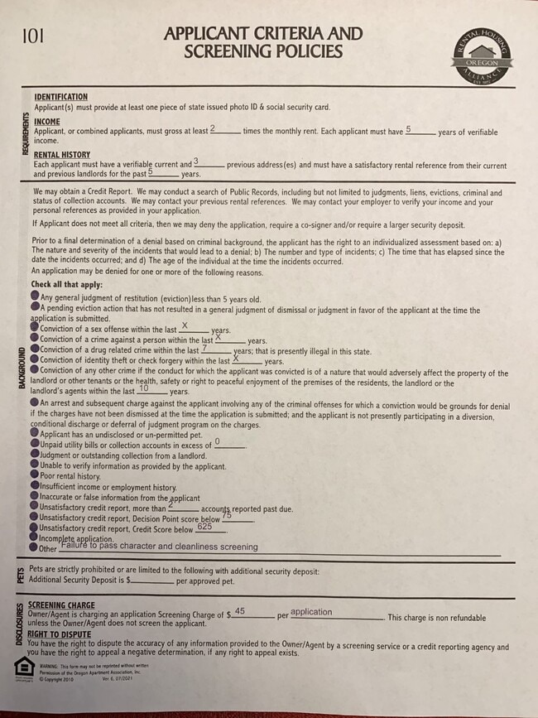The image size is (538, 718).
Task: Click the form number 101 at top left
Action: (x=32, y=35)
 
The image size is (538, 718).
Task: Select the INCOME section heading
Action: (x=47, y=122)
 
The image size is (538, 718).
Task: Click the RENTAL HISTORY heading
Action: (x=62, y=155)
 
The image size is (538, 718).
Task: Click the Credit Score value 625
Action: (x=204, y=527)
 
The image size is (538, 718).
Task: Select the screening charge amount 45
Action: (x=239, y=611)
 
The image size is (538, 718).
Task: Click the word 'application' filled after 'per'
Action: (x=311, y=612)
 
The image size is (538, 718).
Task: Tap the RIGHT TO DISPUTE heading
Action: (x=60, y=634)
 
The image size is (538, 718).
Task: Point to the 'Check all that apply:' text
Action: (x=66, y=285)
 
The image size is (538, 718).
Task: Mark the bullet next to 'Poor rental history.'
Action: (x=35, y=477)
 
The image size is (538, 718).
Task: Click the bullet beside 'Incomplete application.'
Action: (x=35, y=538)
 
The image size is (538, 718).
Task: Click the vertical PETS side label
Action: (x=19, y=576)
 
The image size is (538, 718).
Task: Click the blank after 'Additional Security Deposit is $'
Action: (x=152, y=581)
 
